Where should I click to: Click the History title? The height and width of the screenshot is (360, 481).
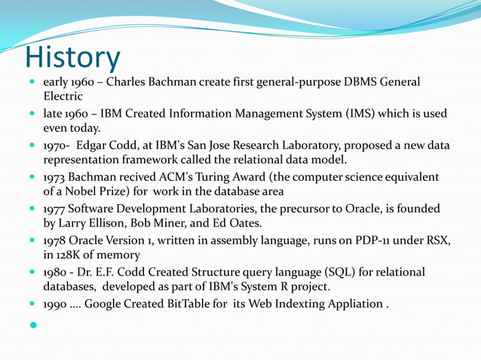pos(72,57)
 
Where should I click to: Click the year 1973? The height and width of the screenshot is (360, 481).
pos(54,177)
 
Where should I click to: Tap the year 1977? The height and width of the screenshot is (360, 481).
pos(54,209)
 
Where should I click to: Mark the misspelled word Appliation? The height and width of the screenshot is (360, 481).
pos(353,304)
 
